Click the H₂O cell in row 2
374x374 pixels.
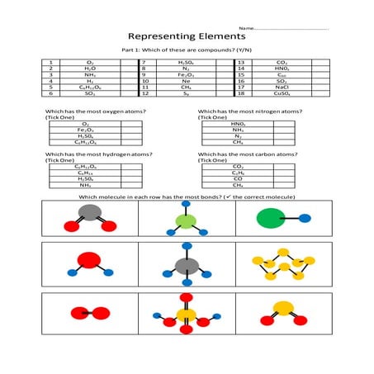click(x=90, y=69)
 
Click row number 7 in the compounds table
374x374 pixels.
click(x=144, y=62)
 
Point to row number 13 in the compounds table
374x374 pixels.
click(x=241, y=62)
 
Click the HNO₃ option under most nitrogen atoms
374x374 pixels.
click(x=239, y=123)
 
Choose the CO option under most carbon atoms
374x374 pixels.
click(x=239, y=178)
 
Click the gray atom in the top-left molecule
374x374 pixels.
click(x=91, y=212)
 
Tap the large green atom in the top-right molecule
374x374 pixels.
click(x=270, y=219)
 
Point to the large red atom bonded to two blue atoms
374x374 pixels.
click(x=88, y=263)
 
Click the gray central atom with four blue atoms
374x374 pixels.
click(x=187, y=266)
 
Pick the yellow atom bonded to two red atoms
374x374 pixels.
click(x=283, y=310)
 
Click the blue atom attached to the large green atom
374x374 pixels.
click(x=305, y=219)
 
